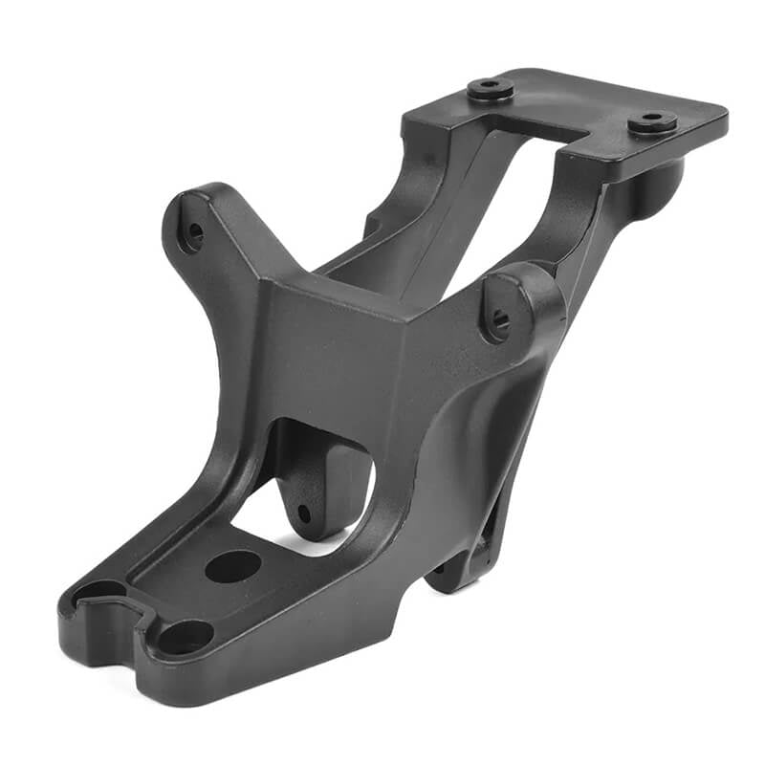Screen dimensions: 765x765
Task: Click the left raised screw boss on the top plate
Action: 491,89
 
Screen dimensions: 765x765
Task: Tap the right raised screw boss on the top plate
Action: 653,121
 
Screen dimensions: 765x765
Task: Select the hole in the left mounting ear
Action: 194,231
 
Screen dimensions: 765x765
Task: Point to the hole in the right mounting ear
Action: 500,318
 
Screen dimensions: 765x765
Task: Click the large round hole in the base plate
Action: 232,566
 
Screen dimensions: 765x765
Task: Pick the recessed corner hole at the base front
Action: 186,636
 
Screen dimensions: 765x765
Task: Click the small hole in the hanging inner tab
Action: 304,514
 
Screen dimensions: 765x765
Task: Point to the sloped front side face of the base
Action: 287,660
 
